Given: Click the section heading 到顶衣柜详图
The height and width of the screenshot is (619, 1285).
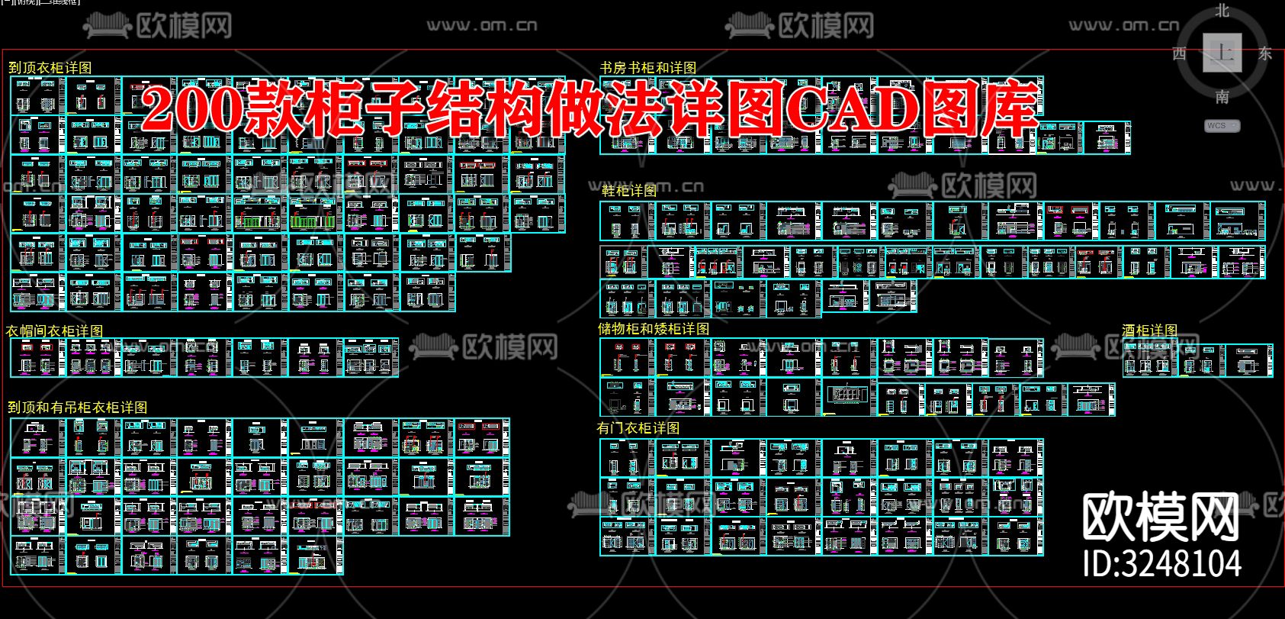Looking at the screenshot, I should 50,68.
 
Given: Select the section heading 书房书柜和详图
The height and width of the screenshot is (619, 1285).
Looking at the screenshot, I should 648,68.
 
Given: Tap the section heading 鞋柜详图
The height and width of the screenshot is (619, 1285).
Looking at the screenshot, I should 628,191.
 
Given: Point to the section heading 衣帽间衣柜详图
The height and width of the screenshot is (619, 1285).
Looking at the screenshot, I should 55,330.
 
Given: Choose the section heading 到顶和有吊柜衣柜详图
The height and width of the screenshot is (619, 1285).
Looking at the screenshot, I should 77,408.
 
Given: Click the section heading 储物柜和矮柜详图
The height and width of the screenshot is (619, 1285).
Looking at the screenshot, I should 654,329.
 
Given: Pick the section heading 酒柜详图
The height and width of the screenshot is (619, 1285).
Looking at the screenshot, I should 1149,330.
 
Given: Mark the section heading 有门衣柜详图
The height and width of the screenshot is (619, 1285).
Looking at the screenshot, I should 638,428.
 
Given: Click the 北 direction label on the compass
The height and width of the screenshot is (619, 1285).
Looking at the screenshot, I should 1222,11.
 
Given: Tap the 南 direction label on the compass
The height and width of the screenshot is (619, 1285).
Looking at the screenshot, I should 1222,97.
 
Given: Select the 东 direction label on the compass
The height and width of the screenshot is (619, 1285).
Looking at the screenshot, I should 1265,53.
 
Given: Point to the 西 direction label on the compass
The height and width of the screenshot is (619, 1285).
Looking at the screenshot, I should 1179,53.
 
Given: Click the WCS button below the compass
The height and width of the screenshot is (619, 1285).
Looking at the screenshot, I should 1222,125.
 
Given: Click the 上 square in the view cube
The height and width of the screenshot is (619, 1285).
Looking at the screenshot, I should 1222,53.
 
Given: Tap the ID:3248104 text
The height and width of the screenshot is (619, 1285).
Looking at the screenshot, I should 1162,563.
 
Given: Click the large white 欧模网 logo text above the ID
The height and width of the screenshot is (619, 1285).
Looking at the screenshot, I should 1161,517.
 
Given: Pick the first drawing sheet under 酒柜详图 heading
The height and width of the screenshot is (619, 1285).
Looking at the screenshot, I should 1149,358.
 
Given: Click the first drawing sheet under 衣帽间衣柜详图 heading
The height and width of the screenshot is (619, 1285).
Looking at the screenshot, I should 38,358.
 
